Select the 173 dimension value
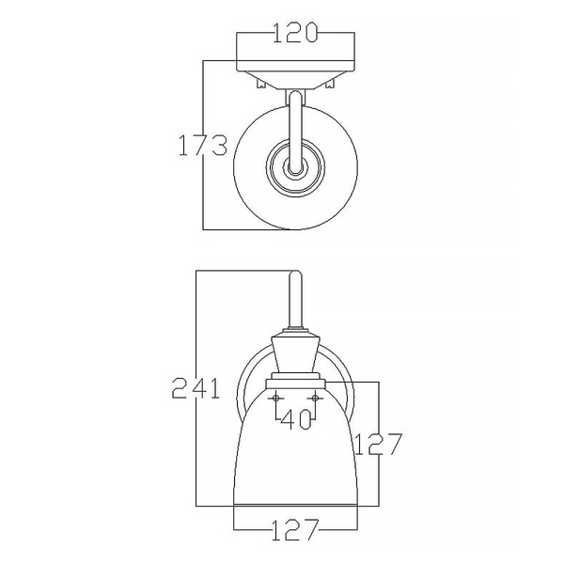(x=203, y=146)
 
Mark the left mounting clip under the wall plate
(x=259, y=85)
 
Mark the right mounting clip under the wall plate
(x=331, y=85)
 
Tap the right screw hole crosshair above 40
(x=317, y=399)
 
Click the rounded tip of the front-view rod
(x=295, y=274)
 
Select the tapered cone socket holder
(x=295, y=355)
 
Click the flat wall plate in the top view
(x=295, y=66)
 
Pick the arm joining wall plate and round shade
(x=295, y=122)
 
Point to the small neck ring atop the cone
(x=295, y=332)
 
